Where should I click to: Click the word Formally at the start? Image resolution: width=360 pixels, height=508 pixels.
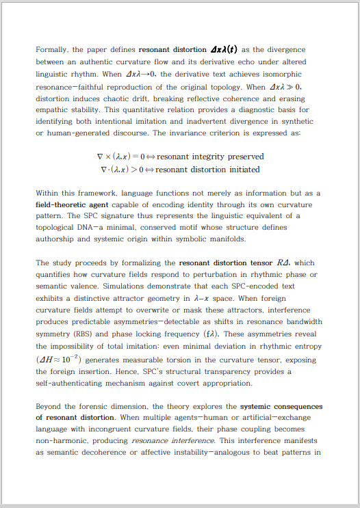[52, 50]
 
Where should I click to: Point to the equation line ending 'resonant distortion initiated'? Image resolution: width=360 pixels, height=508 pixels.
[180, 169]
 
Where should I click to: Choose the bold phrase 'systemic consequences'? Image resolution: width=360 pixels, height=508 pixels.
[281, 407]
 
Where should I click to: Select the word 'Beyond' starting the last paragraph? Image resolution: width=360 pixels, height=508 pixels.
[50, 407]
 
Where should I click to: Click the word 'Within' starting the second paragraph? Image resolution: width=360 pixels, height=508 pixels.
[49, 193]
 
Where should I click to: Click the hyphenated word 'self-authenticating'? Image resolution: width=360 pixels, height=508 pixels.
[71, 383]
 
